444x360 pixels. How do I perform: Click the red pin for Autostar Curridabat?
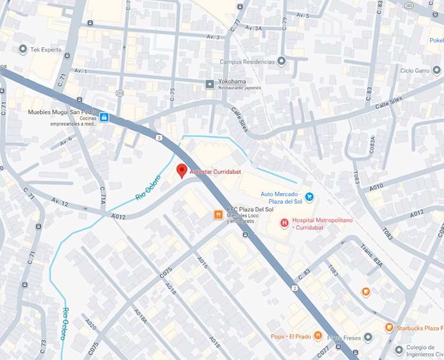tap(182, 170)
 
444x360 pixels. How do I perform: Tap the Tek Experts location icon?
tap(22, 49)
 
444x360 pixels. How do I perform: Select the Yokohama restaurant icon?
tap(209, 84)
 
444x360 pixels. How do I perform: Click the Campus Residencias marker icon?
tap(282, 61)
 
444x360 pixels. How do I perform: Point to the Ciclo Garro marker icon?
tap(436, 70)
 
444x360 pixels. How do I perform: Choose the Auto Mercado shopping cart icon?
tap(309, 197)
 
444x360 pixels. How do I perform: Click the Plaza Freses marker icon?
tap(368, 337)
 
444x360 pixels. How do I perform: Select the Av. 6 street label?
tap(66, 140)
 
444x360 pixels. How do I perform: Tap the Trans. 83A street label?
tap(371, 256)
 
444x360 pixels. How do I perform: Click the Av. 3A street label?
tap(253, 28)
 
